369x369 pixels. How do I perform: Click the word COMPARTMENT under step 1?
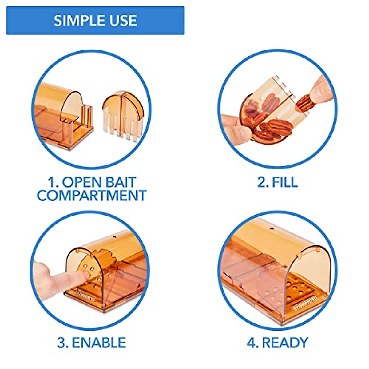(92, 196)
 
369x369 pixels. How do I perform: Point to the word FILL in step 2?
(285, 182)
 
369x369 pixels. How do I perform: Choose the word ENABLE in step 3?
(99, 343)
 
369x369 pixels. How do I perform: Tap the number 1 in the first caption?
(51, 182)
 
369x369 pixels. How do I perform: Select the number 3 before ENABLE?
(62, 343)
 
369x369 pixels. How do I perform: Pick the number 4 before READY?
(252, 343)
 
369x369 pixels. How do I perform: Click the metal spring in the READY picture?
(304, 306)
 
